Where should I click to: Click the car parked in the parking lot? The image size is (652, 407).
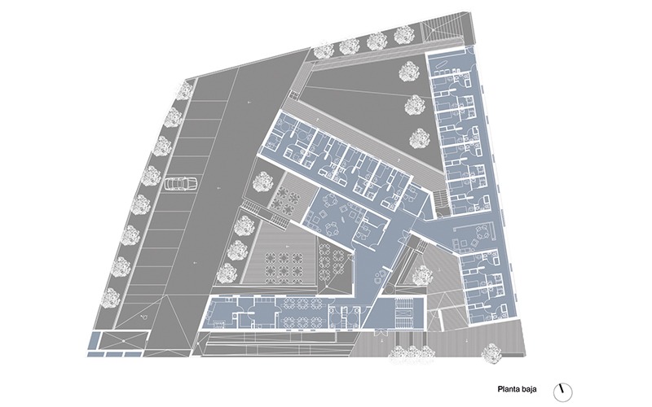180,184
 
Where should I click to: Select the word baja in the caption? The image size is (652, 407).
529,389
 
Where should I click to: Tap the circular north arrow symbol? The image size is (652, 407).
563,392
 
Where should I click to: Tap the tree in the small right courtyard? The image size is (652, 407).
422,275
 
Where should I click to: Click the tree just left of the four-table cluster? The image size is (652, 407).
262,182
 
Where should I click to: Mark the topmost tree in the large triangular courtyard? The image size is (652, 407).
409,71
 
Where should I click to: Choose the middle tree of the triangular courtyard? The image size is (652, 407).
416,105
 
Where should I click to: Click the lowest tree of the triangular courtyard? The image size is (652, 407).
420,138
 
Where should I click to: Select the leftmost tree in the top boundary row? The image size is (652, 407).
322,51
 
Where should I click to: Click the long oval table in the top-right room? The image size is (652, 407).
441,64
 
